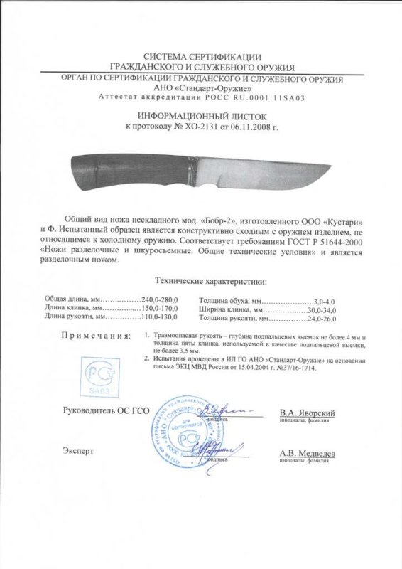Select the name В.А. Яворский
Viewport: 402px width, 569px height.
pyautogui.click(x=307, y=413)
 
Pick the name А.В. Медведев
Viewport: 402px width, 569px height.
pyautogui.click(x=307, y=453)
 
